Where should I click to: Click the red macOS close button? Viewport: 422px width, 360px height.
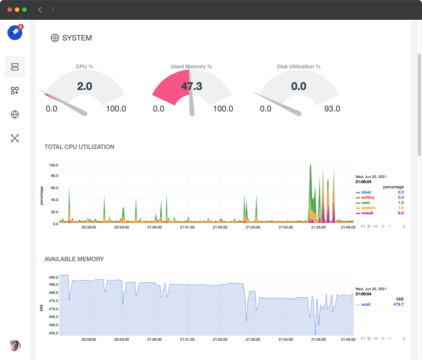coord(10,10)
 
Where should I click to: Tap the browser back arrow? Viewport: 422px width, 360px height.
coord(40,10)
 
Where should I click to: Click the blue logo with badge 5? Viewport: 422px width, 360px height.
coord(15,33)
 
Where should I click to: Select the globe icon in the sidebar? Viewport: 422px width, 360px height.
coord(15,114)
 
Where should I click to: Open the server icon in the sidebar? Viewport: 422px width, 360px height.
coord(15,67)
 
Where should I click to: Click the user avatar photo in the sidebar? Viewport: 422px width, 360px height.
coord(15,345)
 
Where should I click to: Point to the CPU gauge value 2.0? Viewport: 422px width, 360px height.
coord(85,86)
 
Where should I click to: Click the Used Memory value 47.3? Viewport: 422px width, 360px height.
coord(192,86)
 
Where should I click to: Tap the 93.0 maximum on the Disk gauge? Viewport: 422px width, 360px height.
coord(332,109)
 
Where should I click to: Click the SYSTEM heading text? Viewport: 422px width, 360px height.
coord(77,38)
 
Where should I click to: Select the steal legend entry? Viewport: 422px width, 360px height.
coord(366,192)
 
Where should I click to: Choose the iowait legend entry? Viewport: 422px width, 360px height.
coord(367,213)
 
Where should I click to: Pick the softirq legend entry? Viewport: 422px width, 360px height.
coord(367,198)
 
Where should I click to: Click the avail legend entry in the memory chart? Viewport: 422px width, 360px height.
coord(366,305)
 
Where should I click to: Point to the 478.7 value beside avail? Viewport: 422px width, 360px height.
coord(398,305)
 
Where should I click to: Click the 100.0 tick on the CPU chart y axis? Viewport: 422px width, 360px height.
coord(53,165)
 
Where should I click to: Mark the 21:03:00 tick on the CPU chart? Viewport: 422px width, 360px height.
coord(253,227)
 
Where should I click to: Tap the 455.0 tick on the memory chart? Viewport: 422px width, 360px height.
coord(53,333)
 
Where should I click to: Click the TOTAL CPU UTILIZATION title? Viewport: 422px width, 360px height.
coord(79,147)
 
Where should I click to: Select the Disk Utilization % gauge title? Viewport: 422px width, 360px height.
coord(298,67)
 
